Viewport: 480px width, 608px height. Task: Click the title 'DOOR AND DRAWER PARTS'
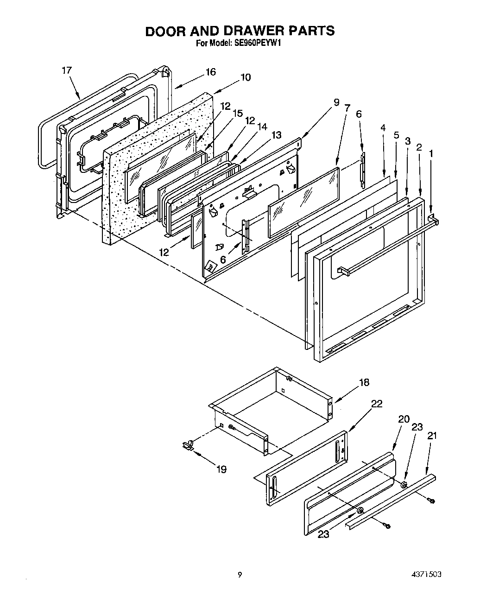coord(240,31)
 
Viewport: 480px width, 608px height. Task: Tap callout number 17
coord(67,70)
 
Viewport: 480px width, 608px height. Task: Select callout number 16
coord(210,72)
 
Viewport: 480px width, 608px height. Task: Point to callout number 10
coord(246,77)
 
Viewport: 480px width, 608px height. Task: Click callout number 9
coord(336,102)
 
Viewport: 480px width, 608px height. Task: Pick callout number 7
coord(347,108)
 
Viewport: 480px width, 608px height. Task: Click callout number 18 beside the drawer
coord(364,382)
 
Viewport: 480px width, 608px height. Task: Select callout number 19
coord(221,469)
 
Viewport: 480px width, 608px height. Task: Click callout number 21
coord(432,436)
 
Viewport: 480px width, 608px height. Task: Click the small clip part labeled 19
coord(188,446)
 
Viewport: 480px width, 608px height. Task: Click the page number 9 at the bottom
coord(240,575)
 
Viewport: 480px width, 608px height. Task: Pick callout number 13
coord(276,135)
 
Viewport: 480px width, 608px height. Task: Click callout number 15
coord(238,113)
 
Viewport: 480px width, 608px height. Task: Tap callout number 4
coord(383,127)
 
